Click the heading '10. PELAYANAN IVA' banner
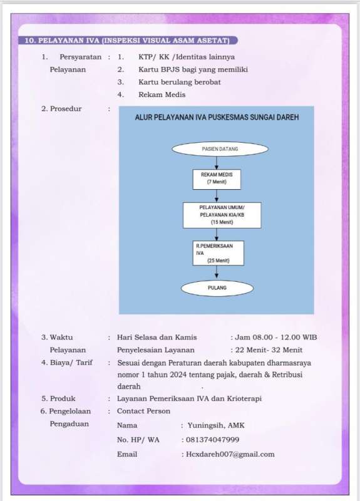tap(128, 41)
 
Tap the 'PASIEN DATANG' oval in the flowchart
tap(220, 149)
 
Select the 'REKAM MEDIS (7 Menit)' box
tap(217, 179)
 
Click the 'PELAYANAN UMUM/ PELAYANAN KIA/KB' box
tap(222, 215)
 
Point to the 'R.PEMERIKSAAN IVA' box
tap(218, 253)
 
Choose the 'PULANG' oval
tap(217, 288)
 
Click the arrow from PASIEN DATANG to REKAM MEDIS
tap(217, 163)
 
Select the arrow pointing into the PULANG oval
tap(217, 272)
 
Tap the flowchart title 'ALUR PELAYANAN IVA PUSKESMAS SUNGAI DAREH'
tap(217, 117)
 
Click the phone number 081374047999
tap(212, 440)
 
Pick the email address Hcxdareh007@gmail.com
tap(230, 455)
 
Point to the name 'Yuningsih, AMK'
tap(216, 426)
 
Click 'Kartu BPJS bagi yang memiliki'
tap(193, 70)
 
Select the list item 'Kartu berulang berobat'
tap(180, 82)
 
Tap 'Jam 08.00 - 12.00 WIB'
tap(276, 338)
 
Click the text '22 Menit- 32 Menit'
tap(269, 350)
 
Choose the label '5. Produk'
tap(58, 398)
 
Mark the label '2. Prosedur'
tap(61, 108)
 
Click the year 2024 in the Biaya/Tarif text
tap(178, 374)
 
